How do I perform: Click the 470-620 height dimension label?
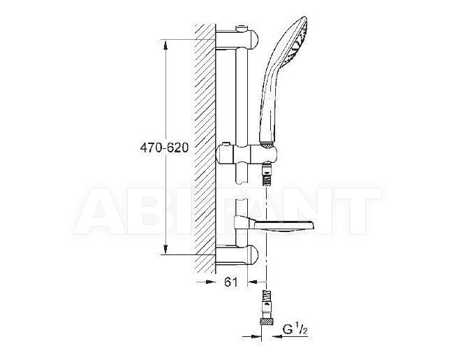(x=164, y=147)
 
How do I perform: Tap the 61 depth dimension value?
(x=231, y=282)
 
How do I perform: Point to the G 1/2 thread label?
(x=295, y=329)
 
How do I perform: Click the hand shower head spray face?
(x=300, y=43)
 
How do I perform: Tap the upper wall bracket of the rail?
(x=237, y=39)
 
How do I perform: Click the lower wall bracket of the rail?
(x=237, y=255)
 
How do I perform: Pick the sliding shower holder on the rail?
(x=247, y=154)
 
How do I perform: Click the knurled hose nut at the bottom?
(x=265, y=322)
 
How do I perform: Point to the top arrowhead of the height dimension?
(x=166, y=46)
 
